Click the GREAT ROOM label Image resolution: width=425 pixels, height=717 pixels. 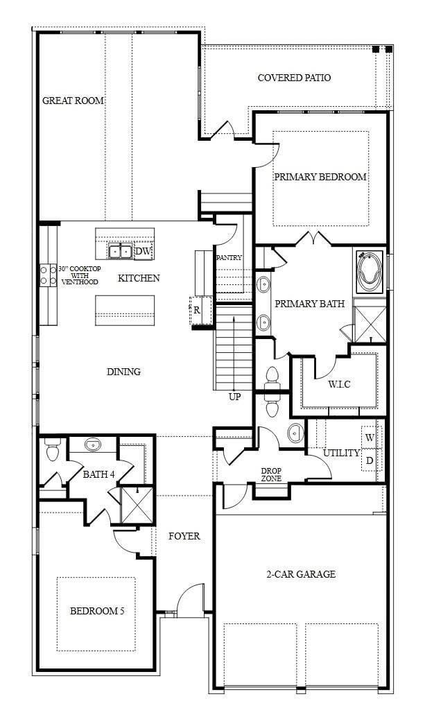(73, 101)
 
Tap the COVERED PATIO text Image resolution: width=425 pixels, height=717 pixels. (294, 78)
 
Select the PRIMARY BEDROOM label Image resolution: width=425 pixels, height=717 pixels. (320, 177)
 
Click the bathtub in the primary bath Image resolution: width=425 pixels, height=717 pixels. (370, 270)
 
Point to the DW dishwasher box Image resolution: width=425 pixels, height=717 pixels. (144, 251)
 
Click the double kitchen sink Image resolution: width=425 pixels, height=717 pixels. (120, 250)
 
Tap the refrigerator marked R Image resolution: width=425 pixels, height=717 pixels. (197, 310)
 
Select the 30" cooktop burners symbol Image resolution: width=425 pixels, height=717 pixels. (48, 275)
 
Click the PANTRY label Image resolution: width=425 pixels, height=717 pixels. (229, 257)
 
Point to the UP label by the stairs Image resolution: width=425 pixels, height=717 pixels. (235, 397)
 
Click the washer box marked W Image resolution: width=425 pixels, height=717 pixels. (370, 438)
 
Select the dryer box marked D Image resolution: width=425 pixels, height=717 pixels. (370, 460)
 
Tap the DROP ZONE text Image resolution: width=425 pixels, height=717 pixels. (271, 474)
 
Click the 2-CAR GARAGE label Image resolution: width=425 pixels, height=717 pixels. (301, 574)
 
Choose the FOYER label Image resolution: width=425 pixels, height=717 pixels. (184, 536)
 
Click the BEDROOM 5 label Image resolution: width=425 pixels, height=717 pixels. (97, 611)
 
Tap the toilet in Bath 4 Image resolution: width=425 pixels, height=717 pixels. (52, 451)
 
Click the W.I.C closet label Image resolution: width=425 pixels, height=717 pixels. (339, 384)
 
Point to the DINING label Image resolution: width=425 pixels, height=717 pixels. (123, 372)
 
